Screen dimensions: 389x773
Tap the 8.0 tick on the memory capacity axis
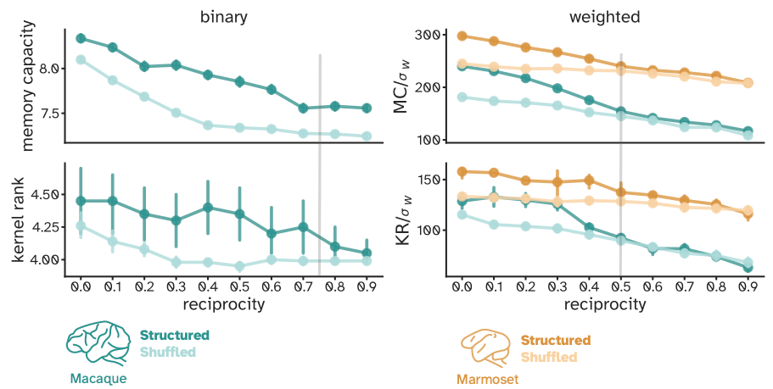click(49, 68)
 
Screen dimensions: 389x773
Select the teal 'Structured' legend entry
click(175, 335)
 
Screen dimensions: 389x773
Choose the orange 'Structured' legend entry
click(556, 341)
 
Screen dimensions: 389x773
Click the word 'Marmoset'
click(488, 380)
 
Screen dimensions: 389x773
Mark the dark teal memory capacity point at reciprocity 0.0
click(81, 38)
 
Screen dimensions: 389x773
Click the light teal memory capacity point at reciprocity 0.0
click(81, 59)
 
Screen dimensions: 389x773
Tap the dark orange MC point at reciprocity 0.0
click(462, 36)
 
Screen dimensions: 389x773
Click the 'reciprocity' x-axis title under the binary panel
click(224, 303)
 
